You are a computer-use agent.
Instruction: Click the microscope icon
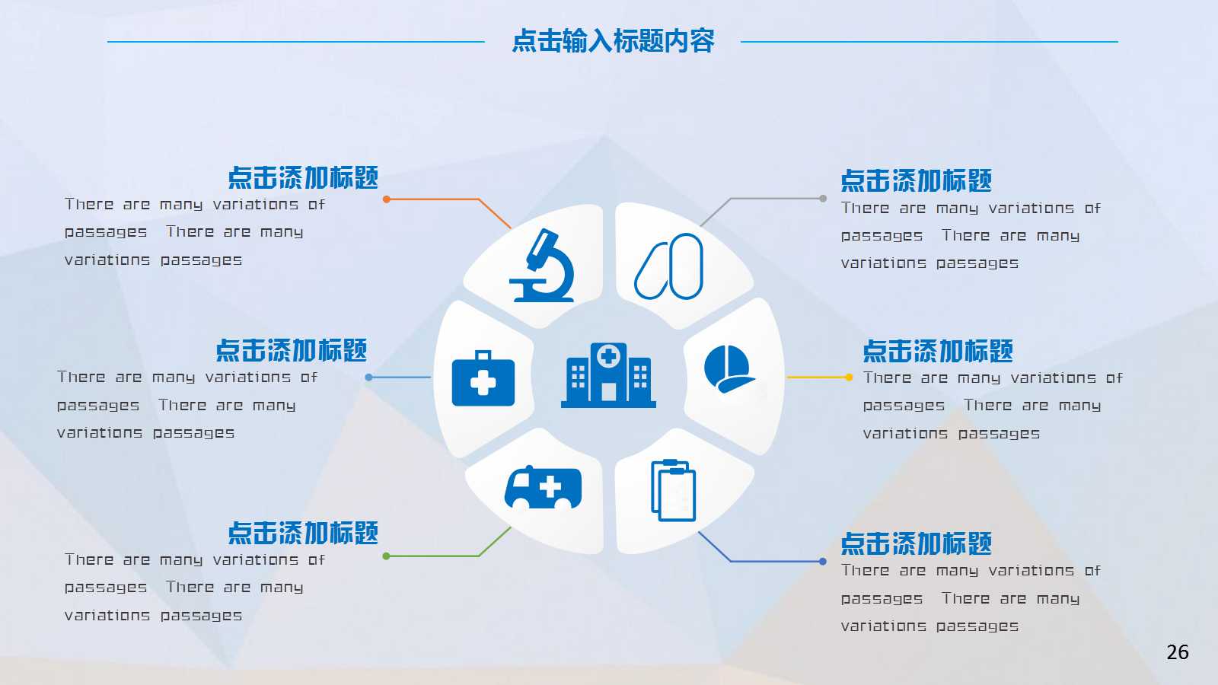(542, 266)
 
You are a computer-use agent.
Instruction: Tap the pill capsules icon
(669, 266)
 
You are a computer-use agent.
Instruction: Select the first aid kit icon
(483, 378)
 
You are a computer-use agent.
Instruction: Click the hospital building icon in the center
(608, 374)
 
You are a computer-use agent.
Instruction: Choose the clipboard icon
(674, 491)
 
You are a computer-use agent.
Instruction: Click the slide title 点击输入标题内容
(613, 41)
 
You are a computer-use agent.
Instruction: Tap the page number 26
(1177, 652)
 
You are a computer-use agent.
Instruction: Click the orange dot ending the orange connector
(387, 199)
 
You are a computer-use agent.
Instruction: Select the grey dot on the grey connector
(823, 199)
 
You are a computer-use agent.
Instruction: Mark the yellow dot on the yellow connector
(849, 377)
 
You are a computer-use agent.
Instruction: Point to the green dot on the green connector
(387, 556)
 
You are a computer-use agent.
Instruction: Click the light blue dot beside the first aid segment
(369, 377)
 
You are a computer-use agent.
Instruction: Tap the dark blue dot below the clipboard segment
(823, 562)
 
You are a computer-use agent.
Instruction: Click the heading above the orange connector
(303, 178)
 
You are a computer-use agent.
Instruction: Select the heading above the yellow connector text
(938, 352)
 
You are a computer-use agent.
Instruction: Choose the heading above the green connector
(303, 534)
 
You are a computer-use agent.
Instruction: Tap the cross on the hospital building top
(608, 355)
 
